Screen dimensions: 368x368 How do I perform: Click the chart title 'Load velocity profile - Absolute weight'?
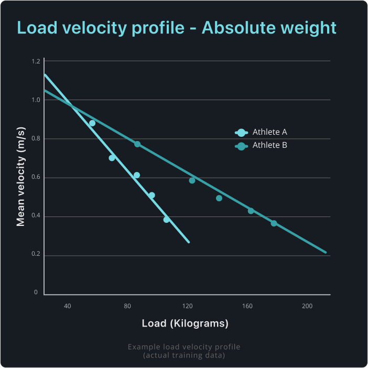[176, 27]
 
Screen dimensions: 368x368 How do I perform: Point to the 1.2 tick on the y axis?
[36, 61]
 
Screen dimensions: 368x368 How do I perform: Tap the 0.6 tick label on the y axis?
[36, 178]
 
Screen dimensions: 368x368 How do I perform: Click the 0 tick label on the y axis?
[36, 293]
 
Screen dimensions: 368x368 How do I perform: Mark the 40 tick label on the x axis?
[68, 306]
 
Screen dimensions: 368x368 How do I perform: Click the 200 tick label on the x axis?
[307, 306]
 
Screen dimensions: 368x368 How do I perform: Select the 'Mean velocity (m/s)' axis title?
[21, 177]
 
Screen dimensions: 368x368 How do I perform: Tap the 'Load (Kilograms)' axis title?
[185, 323]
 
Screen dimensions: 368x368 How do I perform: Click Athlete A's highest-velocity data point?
[92, 123]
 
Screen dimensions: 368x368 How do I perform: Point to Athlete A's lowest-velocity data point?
[167, 220]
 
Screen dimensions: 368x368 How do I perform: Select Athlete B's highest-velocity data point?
[137, 144]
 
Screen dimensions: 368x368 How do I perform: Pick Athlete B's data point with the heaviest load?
[274, 223]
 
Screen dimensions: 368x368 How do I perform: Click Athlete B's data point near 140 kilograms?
[219, 198]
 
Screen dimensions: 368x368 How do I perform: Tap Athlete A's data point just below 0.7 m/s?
[112, 158]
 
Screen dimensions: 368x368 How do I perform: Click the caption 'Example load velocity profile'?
[184, 347]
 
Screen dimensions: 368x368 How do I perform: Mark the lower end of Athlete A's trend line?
[188, 242]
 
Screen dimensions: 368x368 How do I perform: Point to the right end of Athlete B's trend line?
[326, 253]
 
